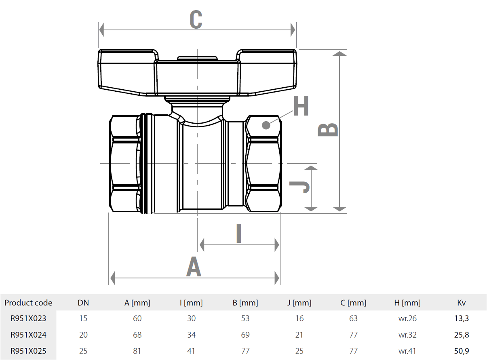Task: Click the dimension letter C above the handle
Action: (196, 19)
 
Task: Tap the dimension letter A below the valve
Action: (194, 267)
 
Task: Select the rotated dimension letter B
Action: (328, 130)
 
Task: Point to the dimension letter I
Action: (239, 234)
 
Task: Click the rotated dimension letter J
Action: (299, 187)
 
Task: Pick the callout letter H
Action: (301, 106)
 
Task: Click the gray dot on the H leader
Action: (266, 125)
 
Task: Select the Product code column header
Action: (28, 303)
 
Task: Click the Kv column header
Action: (461, 303)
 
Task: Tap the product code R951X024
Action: (28, 335)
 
